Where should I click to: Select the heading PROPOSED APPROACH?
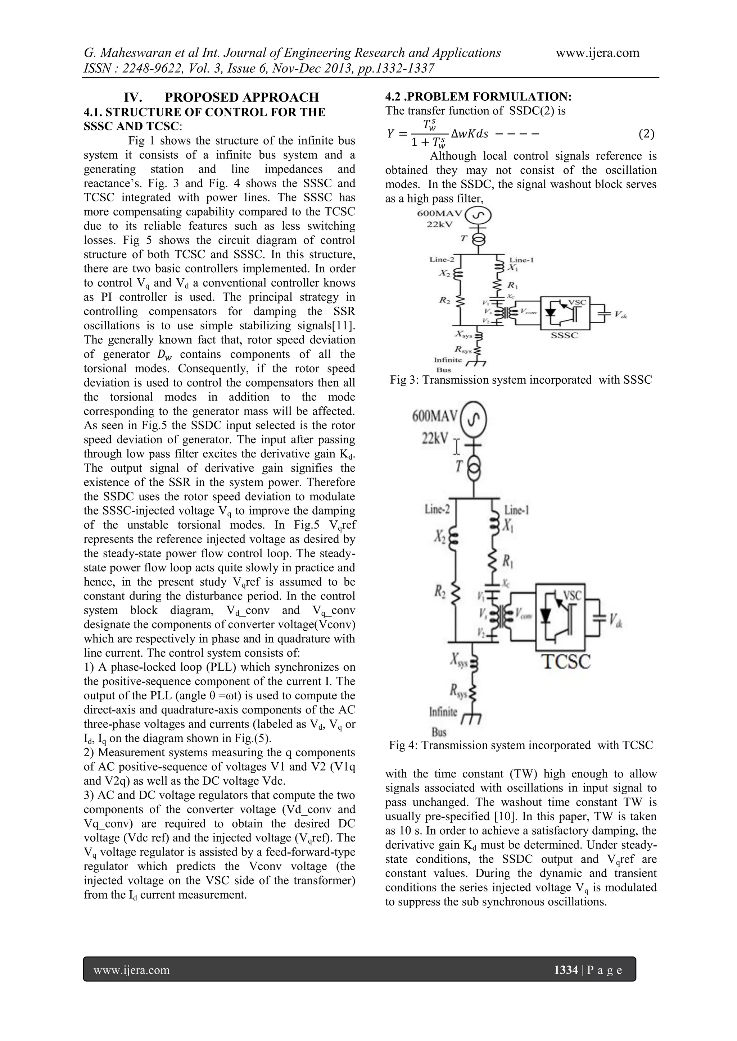pos(241,97)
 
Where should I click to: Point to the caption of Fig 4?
pos(520,745)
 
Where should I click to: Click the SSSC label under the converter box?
pos(564,336)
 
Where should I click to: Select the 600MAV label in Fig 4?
pos(435,416)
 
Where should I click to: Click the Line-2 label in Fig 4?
pos(437,510)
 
